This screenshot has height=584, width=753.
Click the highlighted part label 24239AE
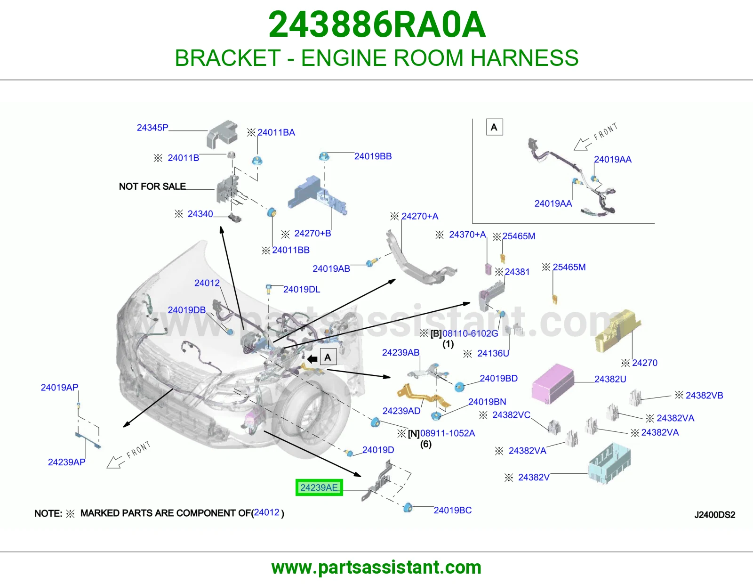coord(319,487)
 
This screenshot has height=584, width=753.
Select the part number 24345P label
coord(152,128)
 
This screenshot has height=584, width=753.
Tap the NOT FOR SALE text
coord(152,186)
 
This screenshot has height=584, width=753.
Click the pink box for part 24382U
coord(553,383)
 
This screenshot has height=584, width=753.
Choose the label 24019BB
coord(373,156)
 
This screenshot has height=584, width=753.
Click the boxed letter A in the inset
coord(494,127)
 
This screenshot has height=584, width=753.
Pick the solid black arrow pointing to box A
coord(312,359)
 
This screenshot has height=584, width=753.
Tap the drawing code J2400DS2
coord(714,515)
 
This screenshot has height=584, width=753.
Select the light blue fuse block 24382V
coord(609,462)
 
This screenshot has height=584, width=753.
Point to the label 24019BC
coord(453,510)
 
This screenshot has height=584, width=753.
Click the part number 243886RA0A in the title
coord(376,24)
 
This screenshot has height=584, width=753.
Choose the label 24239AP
coord(66,462)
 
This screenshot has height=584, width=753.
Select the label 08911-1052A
coord(448,433)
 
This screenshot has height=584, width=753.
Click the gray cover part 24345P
coord(222,135)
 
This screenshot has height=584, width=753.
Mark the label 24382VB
coord(704,395)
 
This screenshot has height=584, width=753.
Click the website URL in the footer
coord(376,568)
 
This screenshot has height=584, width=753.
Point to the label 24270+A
coord(420,216)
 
